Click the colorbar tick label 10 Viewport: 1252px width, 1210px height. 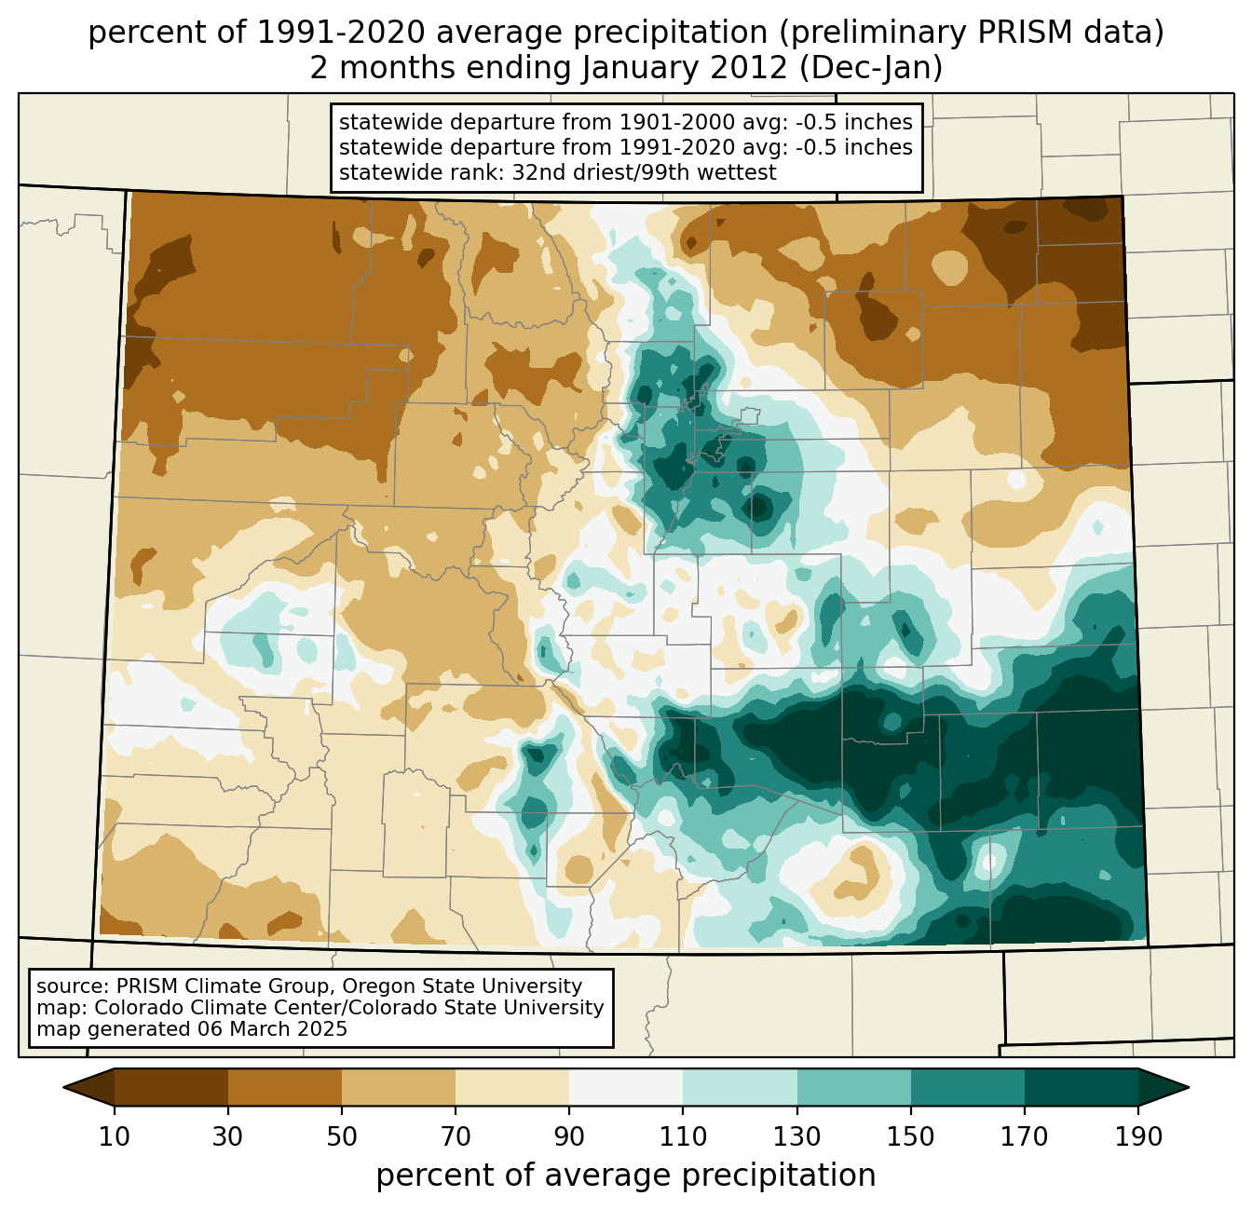[x=115, y=1137]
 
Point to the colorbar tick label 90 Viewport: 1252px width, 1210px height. [x=569, y=1137]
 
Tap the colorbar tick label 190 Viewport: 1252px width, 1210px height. [x=1137, y=1137]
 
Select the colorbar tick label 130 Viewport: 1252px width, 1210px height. [x=797, y=1137]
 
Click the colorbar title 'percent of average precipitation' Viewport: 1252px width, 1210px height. [x=626, y=1176]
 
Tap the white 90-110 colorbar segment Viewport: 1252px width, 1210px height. [x=626, y=1086]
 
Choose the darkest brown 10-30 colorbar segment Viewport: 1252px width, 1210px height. [x=171, y=1086]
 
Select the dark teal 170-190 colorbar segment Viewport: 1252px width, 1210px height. [x=1081, y=1086]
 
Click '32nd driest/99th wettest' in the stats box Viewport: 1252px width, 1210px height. [x=644, y=172]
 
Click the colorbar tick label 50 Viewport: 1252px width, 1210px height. [x=342, y=1137]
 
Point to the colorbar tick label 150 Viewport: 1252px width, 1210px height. [x=911, y=1137]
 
